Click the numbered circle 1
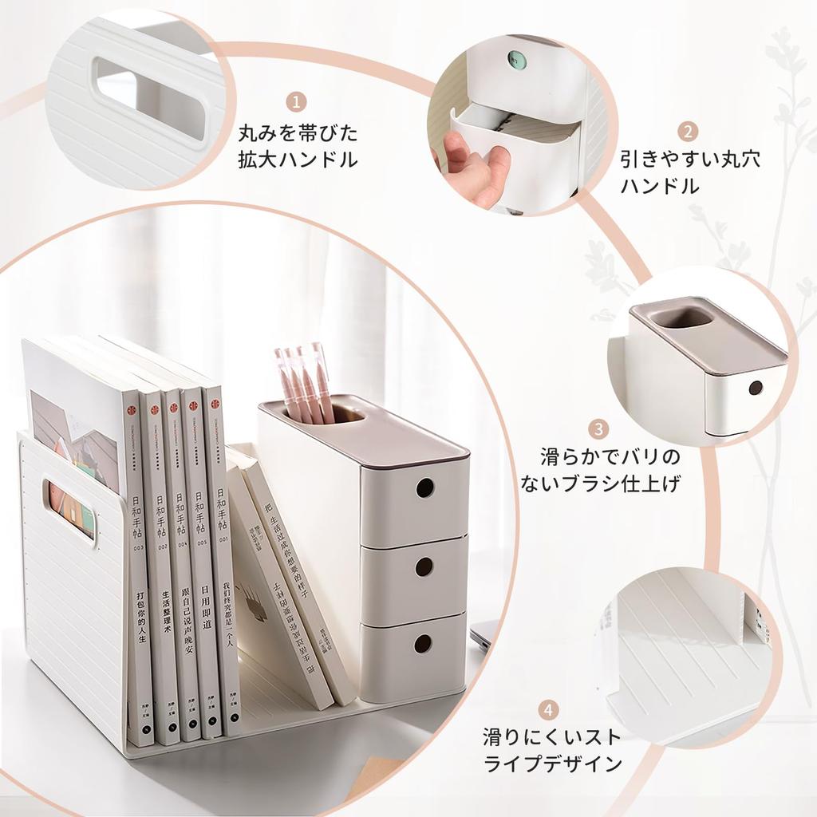[x=297, y=101]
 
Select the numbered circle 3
[x=599, y=430]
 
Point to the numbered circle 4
[x=548, y=709]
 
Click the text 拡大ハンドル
[x=298, y=159]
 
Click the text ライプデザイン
[x=553, y=763]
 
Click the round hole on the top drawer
[x=424, y=487]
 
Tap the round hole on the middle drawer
[x=424, y=566]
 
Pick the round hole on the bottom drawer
[x=423, y=643]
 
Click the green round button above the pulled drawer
[x=515, y=59]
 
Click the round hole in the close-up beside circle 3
[x=755, y=388]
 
